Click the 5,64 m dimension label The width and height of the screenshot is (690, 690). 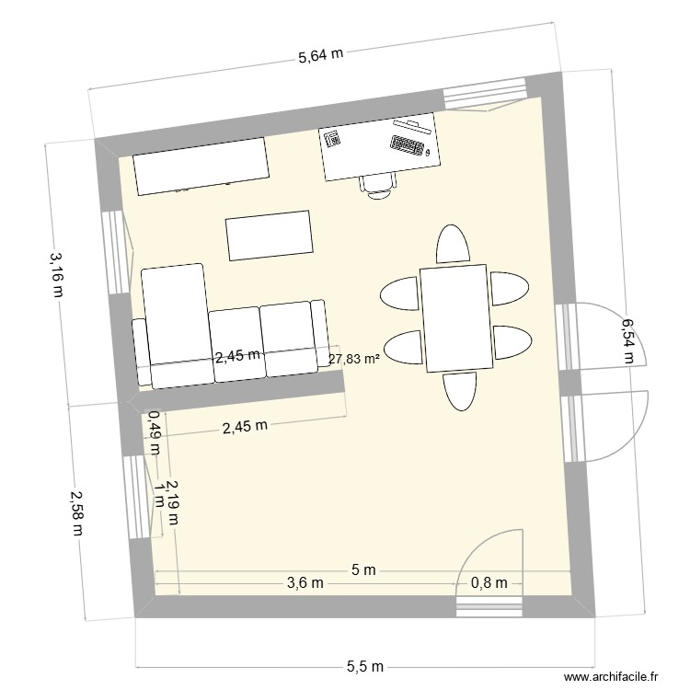click(320, 55)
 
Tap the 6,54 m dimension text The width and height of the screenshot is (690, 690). click(627, 340)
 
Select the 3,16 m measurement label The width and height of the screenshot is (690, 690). click(57, 275)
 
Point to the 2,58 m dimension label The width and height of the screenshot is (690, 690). click(76, 514)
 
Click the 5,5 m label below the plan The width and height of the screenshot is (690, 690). click(365, 666)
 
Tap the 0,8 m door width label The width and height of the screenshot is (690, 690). click(489, 582)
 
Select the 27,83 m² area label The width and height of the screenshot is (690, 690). click(354, 360)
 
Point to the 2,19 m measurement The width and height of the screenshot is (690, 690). click(172, 503)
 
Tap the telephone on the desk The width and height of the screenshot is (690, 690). click(332, 139)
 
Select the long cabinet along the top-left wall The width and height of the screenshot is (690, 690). click(201, 166)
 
